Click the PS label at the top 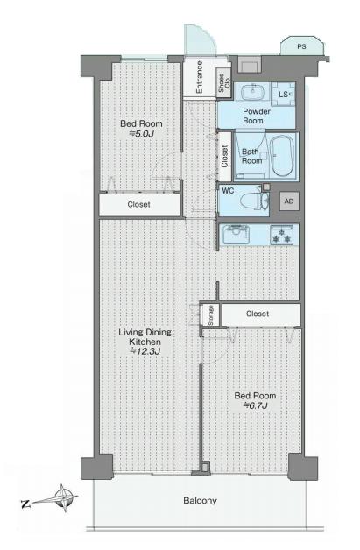click(x=301, y=46)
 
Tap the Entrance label click(x=199, y=77)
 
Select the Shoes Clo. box click(x=223, y=83)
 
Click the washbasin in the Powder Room click(x=252, y=91)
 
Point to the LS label click(x=283, y=95)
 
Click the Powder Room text click(x=257, y=116)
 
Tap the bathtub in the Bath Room click(x=282, y=156)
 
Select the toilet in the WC click(x=253, y=201)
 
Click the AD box click(x=289, y=201)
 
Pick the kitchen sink click(x=236, y=235)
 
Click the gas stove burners click(x=281, y=235)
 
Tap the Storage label click(x=211, y=315)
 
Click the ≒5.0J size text click(x=141, y=134)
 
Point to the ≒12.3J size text click(x=145, y=351)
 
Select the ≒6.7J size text click(x=256, y=405)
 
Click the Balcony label click(x=200, y=501)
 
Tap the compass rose click(x=64, y=498)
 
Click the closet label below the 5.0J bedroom click(x=139, y=204)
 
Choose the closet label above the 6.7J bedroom click(x=258, y=314)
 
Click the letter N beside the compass click(x=25, y=504)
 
